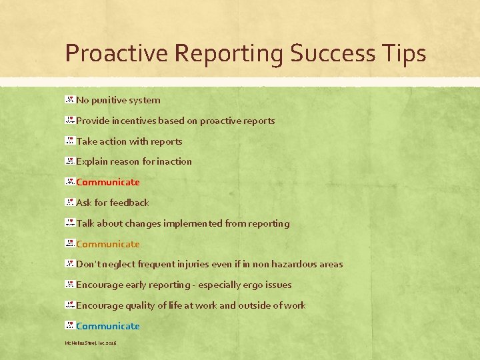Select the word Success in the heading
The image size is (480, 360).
click(329, 53)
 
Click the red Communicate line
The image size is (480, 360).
click(108, 182)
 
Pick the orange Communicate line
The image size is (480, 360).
click(108, 244)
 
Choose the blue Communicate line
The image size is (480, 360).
click(108, 326)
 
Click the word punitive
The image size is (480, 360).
click(113, 100)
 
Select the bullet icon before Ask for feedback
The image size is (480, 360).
click(69, 202)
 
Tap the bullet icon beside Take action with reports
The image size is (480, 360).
click(69, 141)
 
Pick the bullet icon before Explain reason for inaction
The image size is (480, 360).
click(69, 161)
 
